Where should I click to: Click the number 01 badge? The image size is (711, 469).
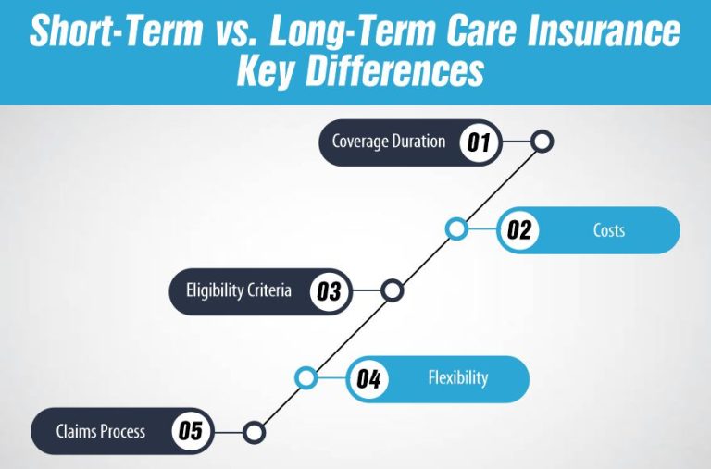(479, 142)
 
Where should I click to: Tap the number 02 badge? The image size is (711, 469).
(519, 229)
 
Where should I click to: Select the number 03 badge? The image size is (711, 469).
(329, 291)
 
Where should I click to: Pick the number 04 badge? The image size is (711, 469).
(369, 378)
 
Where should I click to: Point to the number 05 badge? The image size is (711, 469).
(191, 431)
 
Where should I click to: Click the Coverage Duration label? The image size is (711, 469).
(389, 142)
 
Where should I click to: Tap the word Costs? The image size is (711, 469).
(608, 229)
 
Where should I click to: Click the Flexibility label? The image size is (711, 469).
(457, 378)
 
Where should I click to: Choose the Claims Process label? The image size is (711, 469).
(100, 431)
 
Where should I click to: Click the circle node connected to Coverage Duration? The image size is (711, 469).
(543, 142)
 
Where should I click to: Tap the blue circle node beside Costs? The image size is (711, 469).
(455, 229)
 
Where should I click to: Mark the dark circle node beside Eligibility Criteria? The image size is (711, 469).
(393, 291)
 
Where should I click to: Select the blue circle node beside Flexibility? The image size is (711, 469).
(306, 378)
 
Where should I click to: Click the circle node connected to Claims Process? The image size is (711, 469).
(255, 431)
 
